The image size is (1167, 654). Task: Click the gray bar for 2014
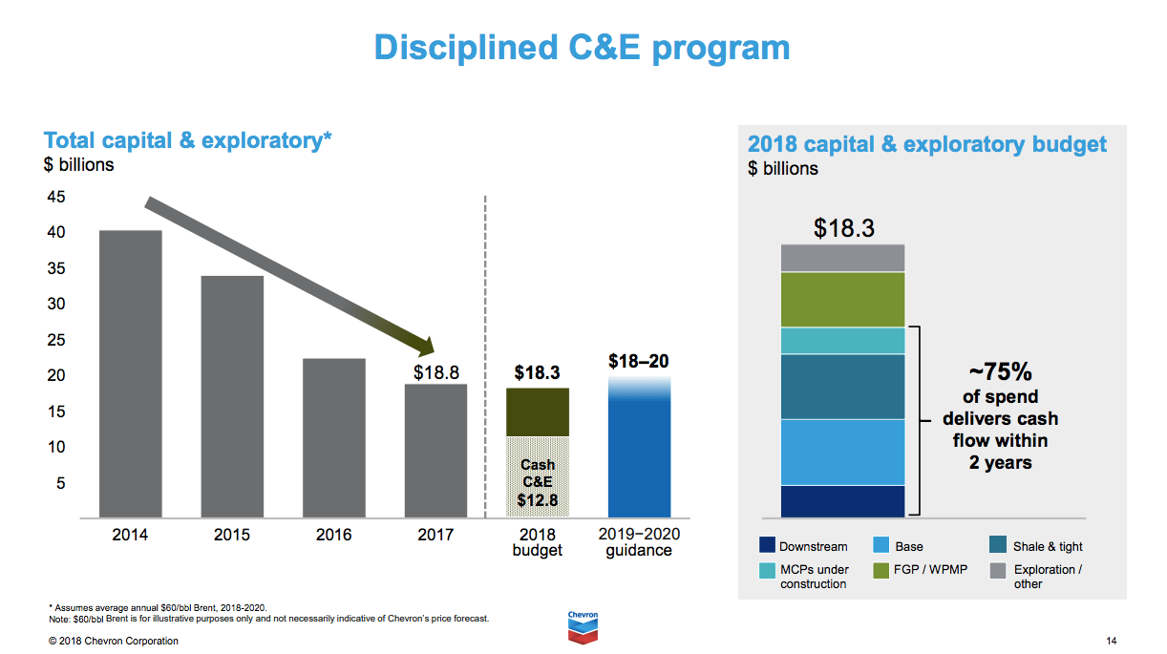click(x=130, y=373)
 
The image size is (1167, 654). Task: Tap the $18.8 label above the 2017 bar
click(x=435, y=371)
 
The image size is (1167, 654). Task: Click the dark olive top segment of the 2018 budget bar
click(x=537, y=411)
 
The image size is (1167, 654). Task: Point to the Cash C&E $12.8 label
click(x=537, y=481)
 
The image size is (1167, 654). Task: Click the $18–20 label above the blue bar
click(x=639, y=361)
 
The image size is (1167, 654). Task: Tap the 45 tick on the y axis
click(x=56, y=197)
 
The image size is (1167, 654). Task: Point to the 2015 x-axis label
click(x=232, y=535)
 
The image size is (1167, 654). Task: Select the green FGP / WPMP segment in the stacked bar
click(x=842, y=300)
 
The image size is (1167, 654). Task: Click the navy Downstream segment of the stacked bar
click(x=842, y=500)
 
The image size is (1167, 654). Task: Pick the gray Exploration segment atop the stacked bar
click(x=842, y=258)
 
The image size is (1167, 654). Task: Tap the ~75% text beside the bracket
click(x=1000, y=372)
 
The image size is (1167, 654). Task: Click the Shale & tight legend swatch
click(x=997, y=545)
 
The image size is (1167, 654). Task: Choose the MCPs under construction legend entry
click(x=813, y=576)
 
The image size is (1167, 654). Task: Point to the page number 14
click(x=1111, y=641)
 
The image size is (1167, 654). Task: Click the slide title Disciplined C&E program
click(x=582, y=47)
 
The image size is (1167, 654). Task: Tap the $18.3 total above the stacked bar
click(x=843, y=228)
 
